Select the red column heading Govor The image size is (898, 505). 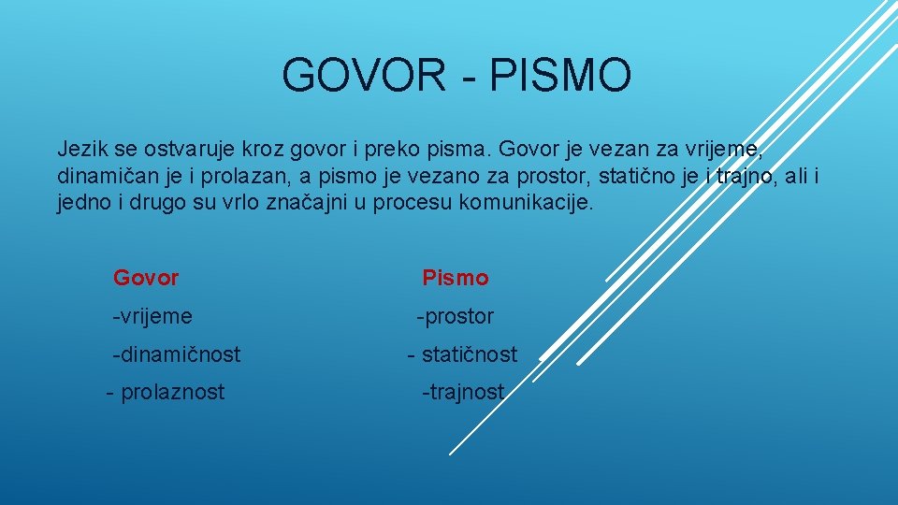tap(146, 278)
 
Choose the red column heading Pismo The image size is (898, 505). tap(455, 278)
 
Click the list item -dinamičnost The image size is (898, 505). tap(176, 354)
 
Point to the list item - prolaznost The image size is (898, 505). tap(166, 392)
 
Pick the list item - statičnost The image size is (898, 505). tap(462, 354)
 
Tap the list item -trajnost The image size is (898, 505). tap(463, 392)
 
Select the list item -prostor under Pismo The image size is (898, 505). tap(455, 317)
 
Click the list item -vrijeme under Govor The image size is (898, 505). tap(152, 317)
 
